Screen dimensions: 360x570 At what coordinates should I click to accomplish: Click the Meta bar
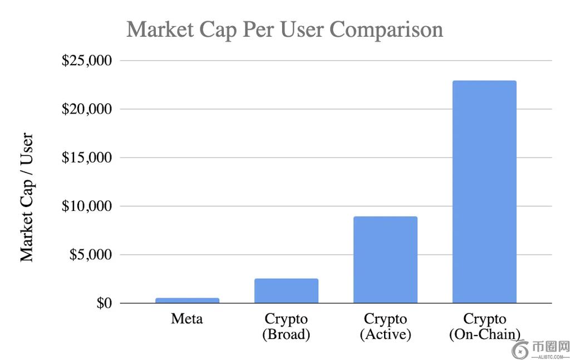point(187,300)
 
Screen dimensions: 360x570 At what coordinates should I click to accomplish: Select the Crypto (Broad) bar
point(286,291)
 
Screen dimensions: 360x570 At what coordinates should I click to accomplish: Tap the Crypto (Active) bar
point(385,260)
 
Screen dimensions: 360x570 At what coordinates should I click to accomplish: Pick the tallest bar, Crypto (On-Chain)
point(484,192)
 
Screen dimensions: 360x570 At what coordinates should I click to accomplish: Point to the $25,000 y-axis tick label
point(86,60)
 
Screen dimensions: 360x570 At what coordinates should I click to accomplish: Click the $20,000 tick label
point(86,109)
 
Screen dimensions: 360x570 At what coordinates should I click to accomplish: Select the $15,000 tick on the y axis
point(86,157)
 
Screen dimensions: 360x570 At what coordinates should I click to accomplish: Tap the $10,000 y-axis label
point(86,206)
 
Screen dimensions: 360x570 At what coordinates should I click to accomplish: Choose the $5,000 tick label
point(90,255)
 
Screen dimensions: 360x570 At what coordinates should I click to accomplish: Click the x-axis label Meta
point(187,319)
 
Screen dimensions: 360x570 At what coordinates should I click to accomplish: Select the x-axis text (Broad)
point(286,334)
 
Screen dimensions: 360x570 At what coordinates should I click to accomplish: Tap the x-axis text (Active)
point(385,334)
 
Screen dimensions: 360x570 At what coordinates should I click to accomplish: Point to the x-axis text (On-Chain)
point(484,334)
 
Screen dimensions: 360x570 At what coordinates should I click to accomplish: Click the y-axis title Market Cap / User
point(27,198)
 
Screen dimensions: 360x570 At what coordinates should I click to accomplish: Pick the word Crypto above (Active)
point(385,319)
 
